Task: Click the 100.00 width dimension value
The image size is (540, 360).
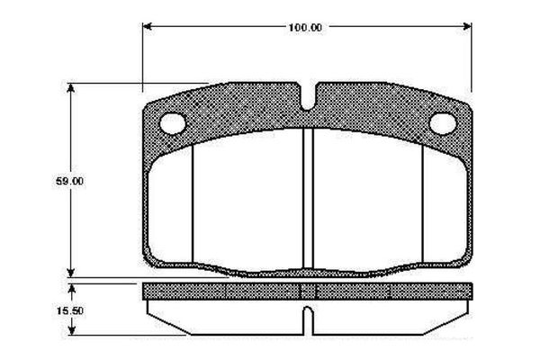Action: click(x=305, y=27)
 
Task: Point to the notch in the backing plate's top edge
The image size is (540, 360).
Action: click(x=307, y=102)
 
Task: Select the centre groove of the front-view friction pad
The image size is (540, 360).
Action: click(x=307, y=198)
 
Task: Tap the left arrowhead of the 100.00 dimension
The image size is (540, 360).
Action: click(x=148, y=26)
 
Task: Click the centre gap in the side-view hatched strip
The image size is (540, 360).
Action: click(x=307, y=291)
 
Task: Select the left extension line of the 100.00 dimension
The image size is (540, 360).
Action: click(x=143, y=54)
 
